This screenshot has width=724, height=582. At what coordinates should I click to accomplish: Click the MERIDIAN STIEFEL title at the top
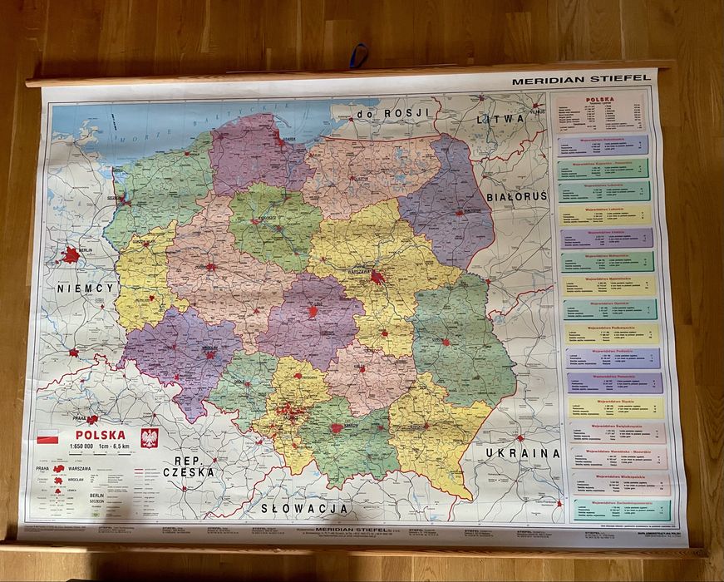click(580, 81)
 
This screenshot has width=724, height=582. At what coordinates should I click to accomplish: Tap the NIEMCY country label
click(85, 288)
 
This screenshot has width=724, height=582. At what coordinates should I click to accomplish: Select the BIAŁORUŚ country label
click(517, 197)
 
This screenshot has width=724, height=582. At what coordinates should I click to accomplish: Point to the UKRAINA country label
click(523, 453)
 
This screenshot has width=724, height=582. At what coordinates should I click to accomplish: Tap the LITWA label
click(500, 119)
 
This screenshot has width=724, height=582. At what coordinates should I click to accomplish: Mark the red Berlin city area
click(72, 254)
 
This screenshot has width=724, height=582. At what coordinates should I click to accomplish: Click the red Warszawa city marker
click(378, 277)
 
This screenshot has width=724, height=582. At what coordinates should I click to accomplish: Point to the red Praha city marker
click(92, 420)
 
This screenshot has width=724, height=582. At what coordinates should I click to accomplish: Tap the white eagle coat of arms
click(150, 437)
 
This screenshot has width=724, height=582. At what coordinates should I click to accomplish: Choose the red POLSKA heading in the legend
click(101, 434)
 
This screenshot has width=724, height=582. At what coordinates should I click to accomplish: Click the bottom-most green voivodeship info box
click(620, 509)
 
